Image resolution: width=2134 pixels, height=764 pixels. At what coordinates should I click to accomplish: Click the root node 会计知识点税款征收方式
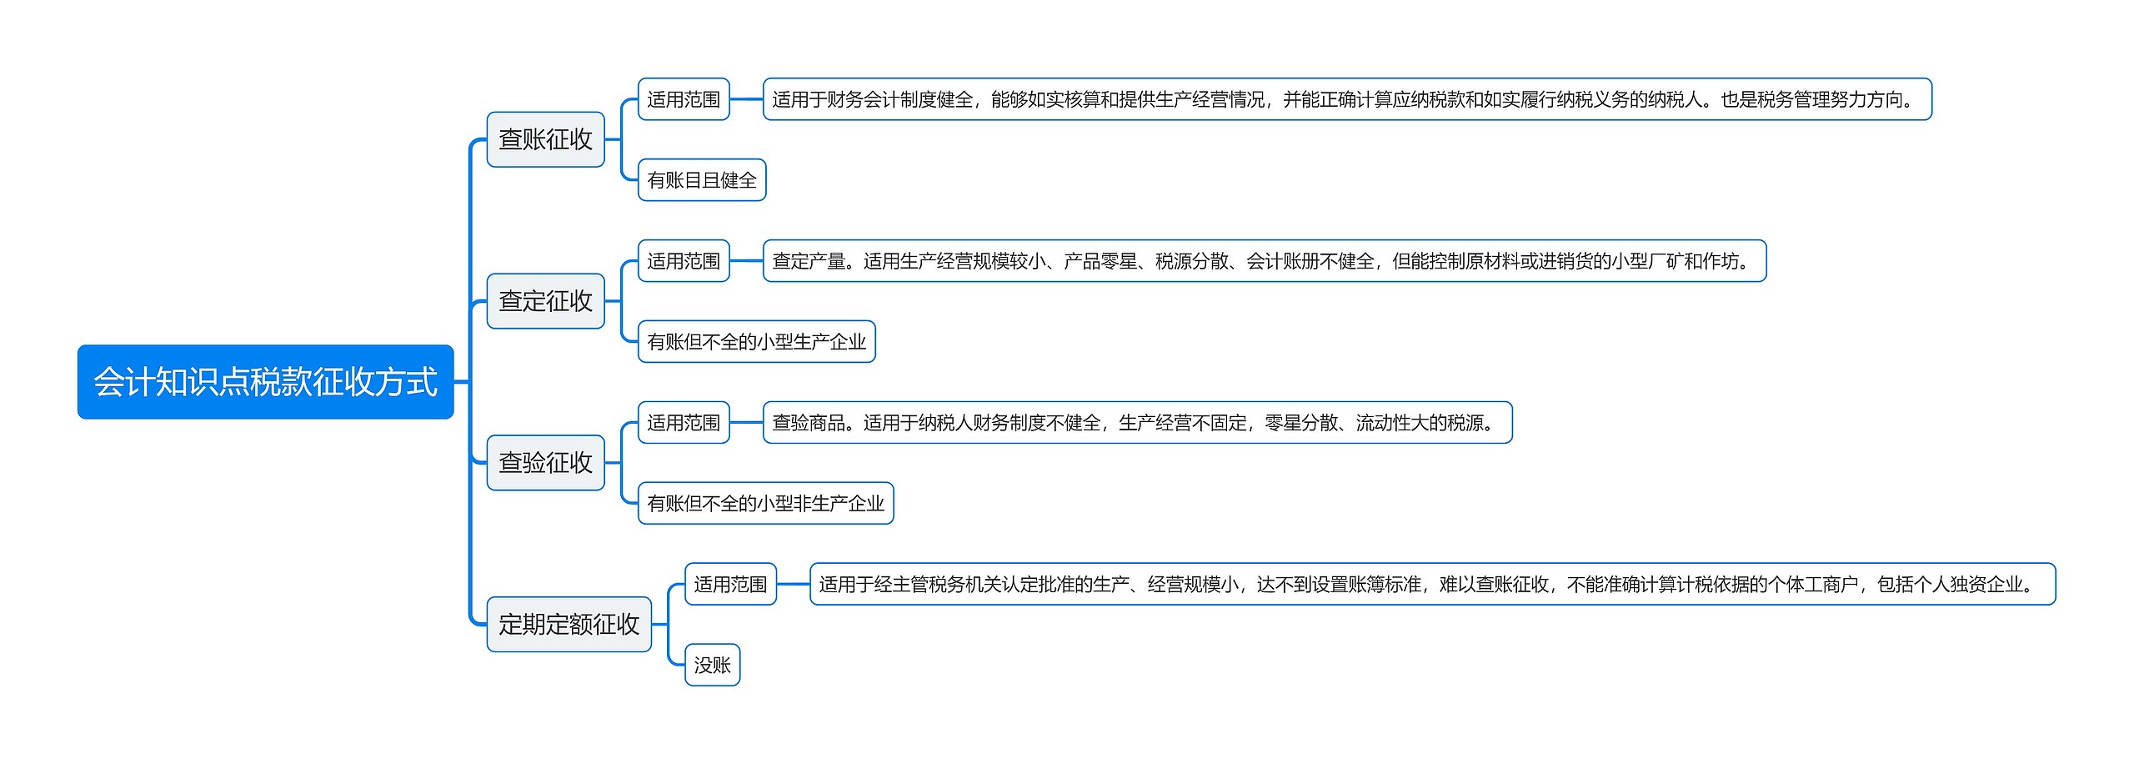coord(265,382)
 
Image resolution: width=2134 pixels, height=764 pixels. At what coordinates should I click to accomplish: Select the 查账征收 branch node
coord(545,139)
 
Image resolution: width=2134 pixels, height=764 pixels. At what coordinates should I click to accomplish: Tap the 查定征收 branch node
coord(545,301)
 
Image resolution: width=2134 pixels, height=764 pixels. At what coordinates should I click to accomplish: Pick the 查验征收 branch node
coord(545,463)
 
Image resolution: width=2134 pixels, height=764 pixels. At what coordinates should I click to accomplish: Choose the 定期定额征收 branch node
coord(569,624)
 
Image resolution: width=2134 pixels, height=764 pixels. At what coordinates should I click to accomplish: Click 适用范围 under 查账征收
coord(684,99)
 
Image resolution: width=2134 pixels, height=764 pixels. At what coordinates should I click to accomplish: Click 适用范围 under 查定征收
coord(684,261)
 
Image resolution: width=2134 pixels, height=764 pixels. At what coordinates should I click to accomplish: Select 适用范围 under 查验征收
coord(684,423)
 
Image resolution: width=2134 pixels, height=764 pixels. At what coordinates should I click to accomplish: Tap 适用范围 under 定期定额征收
coord(730,584)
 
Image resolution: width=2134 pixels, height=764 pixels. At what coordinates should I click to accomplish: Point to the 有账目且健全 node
coord(702,180)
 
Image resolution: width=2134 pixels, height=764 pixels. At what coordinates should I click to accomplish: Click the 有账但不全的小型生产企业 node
coord(756,342)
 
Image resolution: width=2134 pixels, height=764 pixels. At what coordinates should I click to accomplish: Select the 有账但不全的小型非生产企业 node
coord(765,504)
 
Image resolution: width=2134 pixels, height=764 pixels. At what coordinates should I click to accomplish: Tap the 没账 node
coord(712,665)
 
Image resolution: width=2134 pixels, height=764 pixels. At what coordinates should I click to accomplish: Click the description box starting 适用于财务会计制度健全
coord(1346,99)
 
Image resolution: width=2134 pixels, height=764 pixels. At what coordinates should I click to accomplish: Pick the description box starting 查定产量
coord(1264,261)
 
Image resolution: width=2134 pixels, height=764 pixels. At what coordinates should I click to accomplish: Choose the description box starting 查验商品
coord(1137,423)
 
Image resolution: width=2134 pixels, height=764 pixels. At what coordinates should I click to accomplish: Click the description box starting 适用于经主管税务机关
coord(1432,584)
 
